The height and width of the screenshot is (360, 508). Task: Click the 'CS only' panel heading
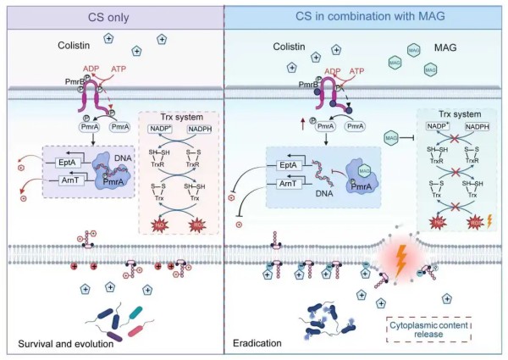pos(112,15)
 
